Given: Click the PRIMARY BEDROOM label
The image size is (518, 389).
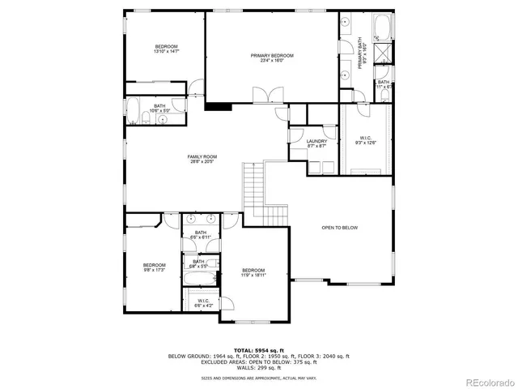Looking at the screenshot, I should pos(271,58).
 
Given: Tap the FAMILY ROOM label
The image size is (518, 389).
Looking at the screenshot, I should pos(202,160).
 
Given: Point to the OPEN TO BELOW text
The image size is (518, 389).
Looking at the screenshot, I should pos(339,228).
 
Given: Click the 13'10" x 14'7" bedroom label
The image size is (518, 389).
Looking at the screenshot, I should pos(167,49).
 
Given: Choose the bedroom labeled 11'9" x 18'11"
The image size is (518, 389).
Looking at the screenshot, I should pos(253,273).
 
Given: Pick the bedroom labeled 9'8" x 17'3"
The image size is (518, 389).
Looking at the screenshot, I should pos(154,267).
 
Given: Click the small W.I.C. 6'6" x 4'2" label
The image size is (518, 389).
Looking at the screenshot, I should pos(205,303).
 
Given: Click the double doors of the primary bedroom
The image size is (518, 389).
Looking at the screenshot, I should pos(264,96).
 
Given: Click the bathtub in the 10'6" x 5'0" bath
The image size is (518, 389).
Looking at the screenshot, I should pos(134,111).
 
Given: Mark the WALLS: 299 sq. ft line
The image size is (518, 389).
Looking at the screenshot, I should pos(259,367).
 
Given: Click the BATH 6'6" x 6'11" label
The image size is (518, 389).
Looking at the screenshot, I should pos(199,235).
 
